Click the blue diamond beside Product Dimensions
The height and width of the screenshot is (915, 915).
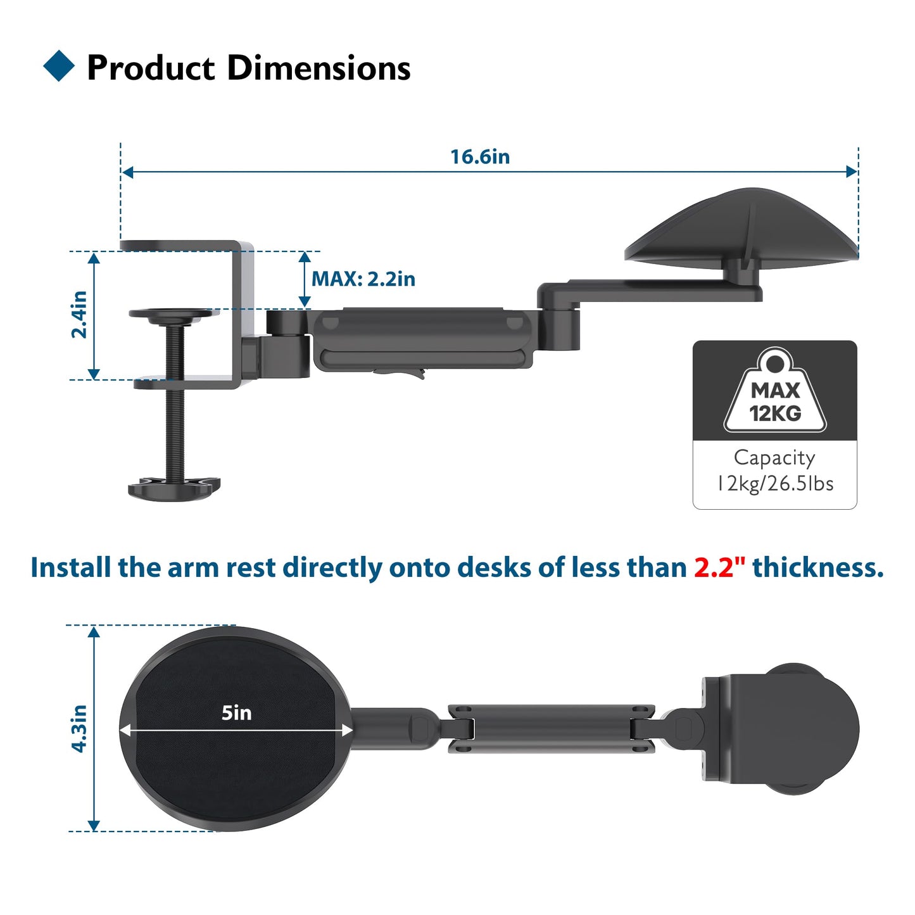tap(59, 66)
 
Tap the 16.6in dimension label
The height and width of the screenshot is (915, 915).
tap(479, 156)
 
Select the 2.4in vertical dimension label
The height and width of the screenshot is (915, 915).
tap(79, 315)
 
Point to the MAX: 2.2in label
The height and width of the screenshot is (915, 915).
tap(363, 279)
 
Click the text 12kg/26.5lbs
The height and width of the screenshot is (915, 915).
tap(774, 484)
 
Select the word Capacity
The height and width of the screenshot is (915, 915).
tap(774, 457)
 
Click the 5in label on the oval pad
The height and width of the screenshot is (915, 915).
tap(236, 713)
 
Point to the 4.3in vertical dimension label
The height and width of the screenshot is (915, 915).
tap(79, 728)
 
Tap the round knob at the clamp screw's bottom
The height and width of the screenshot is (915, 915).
tap(174, 488)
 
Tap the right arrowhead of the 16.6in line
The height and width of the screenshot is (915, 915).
tap(852, 172)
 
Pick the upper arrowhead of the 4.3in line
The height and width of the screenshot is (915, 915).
tap(94, 632)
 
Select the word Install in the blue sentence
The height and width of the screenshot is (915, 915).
tap(70, 567)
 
